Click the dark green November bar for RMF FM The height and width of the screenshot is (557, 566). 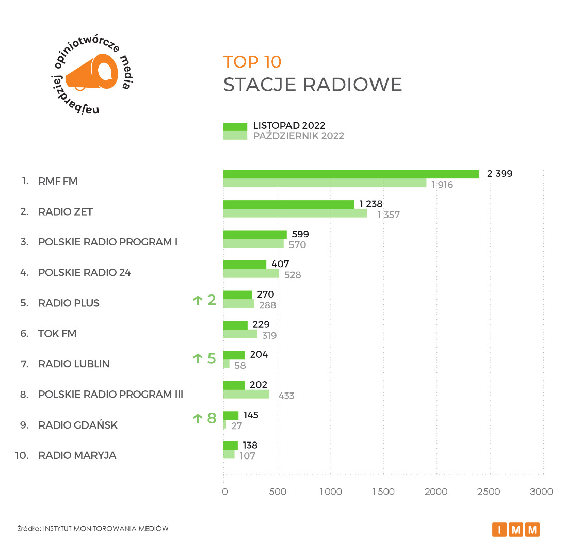351,174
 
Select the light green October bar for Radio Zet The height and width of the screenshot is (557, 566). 295,214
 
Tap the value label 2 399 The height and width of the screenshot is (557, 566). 500,174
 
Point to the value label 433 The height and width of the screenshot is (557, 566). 286,396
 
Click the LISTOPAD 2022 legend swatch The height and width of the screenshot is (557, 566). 235,126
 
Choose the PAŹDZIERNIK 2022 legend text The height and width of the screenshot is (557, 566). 298,136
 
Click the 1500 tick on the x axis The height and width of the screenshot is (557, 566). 383,492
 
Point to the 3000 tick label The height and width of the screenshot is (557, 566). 542,492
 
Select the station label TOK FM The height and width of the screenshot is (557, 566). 57,334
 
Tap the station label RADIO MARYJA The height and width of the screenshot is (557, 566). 77,455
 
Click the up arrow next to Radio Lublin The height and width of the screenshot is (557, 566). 198,358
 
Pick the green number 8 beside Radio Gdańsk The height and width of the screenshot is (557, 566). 212,418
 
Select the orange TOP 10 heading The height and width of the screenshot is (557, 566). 252,62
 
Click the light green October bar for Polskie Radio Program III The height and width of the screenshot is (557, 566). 246,394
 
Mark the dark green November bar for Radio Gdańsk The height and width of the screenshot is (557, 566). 231,415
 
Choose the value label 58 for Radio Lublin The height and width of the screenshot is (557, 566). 240,366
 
